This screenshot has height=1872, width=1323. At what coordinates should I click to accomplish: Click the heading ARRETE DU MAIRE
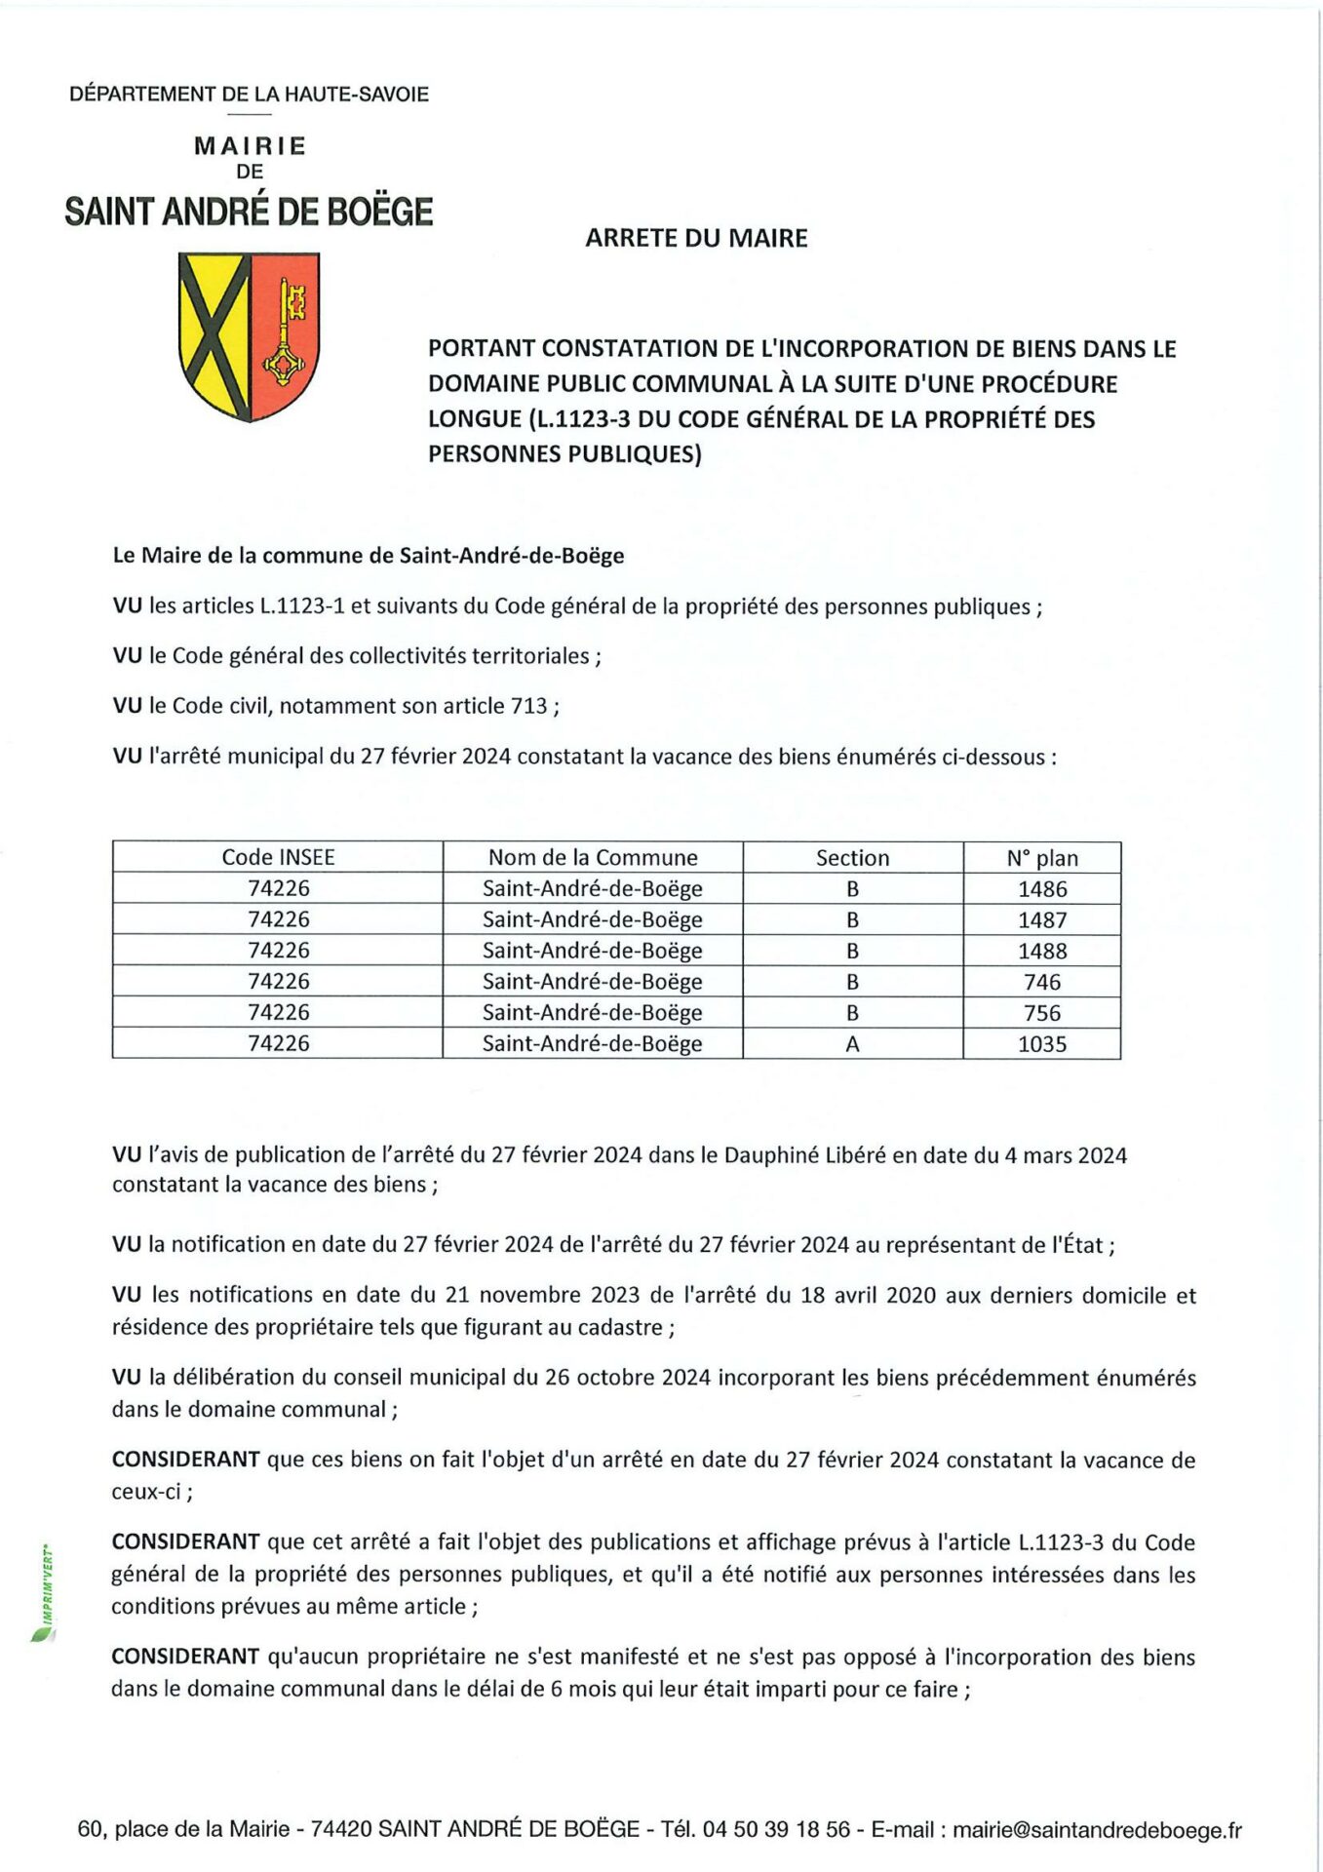tap(696, 238)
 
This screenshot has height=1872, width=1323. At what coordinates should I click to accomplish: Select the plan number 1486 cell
tap(1042, 889)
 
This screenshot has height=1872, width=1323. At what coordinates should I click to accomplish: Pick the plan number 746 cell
tap(1042, 982)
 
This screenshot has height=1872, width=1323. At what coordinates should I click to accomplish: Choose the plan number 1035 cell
tap(1042, 1044)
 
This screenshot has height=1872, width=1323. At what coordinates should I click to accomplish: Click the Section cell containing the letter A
tap(852, 1044)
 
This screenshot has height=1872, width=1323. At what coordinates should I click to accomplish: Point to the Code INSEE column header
tap(278, 857)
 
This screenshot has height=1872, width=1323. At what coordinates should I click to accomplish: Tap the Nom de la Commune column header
tap(593, 857)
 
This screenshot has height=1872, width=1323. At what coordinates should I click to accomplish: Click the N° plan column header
tap(1042, 858)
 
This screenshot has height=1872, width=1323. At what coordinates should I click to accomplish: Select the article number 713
tap(528, 706)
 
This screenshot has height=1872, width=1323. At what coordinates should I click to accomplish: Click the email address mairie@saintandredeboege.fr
tap(1097, 1830)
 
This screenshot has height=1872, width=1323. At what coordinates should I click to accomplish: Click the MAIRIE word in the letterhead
tap(251, 146)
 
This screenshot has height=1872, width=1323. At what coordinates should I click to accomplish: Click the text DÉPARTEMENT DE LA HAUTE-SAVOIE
tap(249, 95)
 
